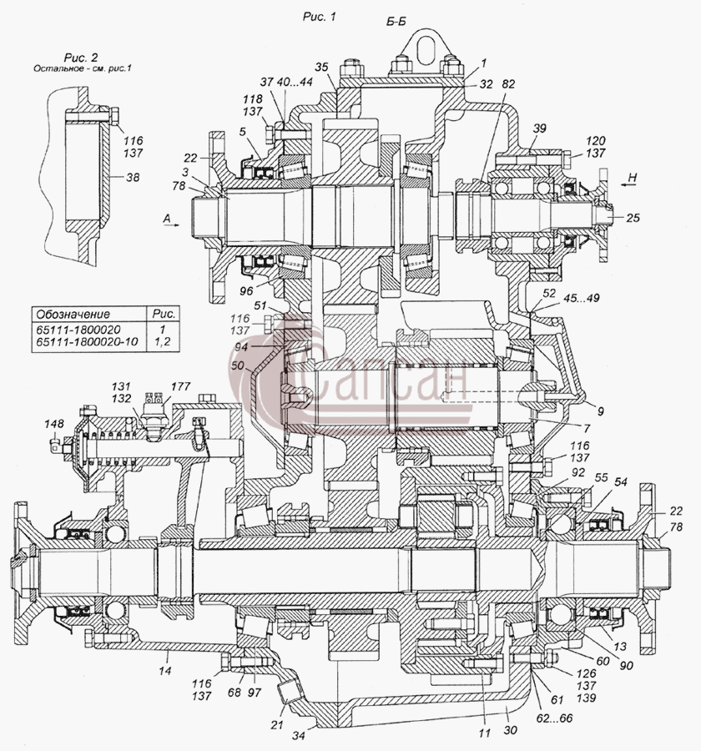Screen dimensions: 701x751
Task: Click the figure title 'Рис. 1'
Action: click(319, 17)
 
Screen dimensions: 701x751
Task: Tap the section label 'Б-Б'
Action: click(396, 22)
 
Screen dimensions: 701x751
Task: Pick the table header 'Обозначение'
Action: click(73, 315)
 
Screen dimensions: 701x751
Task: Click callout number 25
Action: click(633, 218)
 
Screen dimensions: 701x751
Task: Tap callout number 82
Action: click(508, 83)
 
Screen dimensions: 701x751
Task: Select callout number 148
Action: click(53, 424)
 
